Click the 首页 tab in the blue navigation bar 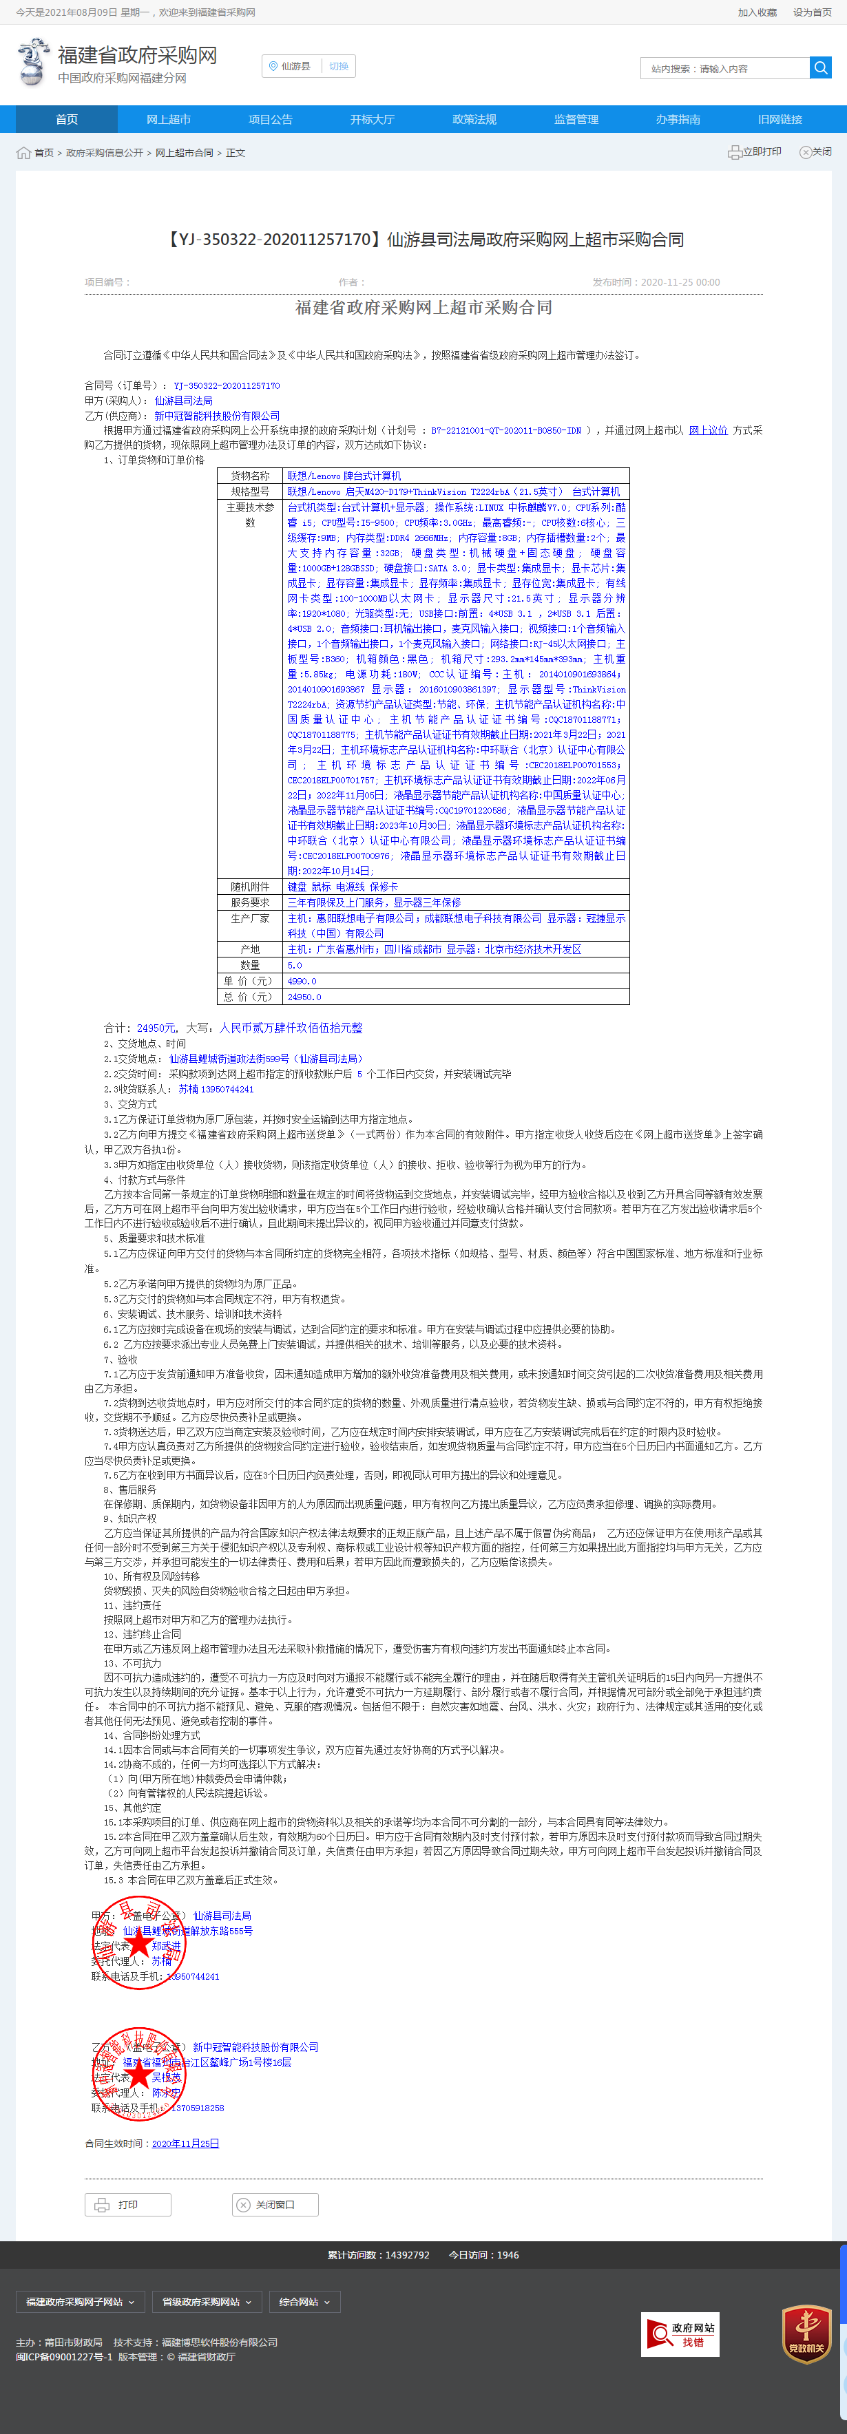point(66,119)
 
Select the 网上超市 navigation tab point(168,119)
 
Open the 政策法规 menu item point(474,119)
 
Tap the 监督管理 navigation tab point(576,119)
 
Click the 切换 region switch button point(338,66)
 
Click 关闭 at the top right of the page point(816,152)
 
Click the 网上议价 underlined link point(708,430)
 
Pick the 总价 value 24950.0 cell point(304,997)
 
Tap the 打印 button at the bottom point(127,2204)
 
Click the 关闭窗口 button point(275,2204)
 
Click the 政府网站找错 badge point(680,2335)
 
